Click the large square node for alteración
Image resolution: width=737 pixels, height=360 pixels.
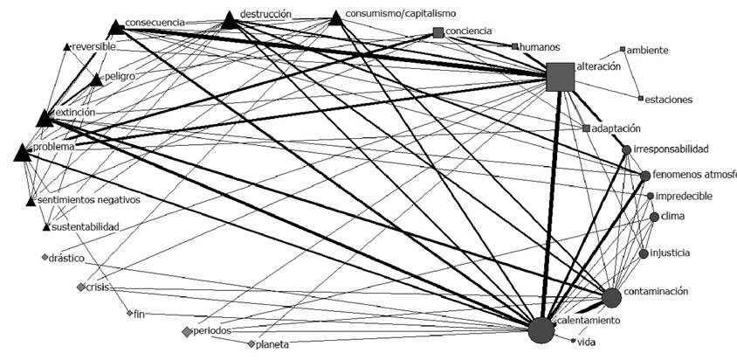560,77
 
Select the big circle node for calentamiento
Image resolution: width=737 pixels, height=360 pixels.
541,331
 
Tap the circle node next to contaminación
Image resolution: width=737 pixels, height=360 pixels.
611,298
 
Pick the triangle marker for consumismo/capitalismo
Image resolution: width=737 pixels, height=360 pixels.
336,18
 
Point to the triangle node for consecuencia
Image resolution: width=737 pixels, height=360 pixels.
116,28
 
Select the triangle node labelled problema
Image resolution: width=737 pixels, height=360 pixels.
24,153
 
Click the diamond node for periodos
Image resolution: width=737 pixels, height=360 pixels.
187,331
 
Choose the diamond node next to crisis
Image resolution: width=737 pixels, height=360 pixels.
81,287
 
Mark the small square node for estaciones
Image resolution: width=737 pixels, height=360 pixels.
640,99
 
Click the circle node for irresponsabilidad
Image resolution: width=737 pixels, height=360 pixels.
626,149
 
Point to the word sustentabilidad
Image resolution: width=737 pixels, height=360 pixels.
86,226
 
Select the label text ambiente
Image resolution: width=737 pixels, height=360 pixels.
648,51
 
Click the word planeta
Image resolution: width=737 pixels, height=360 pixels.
272,344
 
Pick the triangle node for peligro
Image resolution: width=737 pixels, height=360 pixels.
96,80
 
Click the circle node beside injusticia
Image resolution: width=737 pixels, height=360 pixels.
644,254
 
